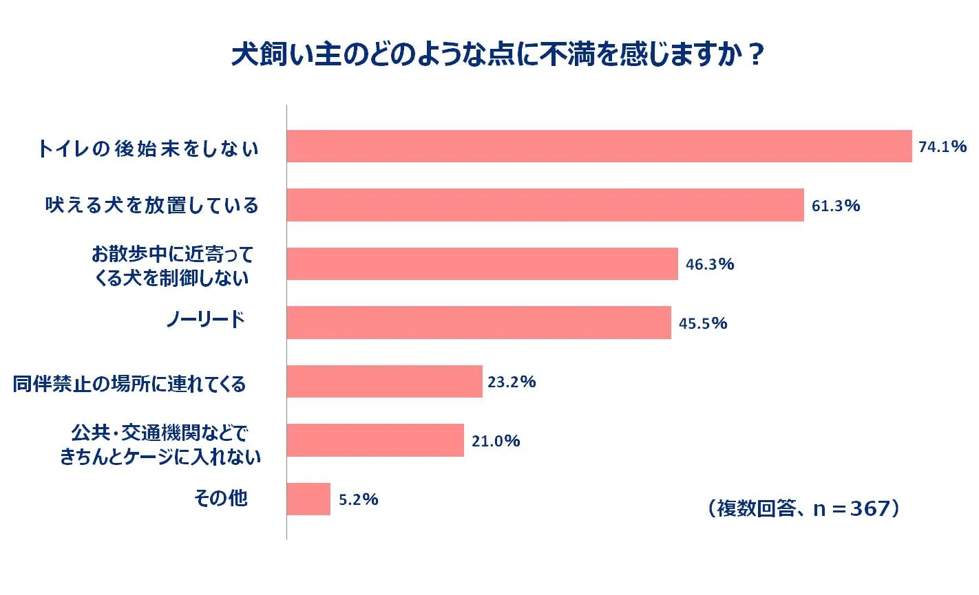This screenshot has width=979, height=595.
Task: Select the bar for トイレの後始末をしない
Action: (599, 147)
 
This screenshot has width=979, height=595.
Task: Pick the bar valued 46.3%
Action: (482, 264)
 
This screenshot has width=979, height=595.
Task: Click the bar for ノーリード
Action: (478, 323)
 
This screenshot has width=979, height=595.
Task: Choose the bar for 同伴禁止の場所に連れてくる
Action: (384, 382)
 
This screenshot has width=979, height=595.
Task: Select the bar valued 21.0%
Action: (375, 440)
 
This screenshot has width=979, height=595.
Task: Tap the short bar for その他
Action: (308, 499)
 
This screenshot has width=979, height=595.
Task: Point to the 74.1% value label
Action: (942, 147)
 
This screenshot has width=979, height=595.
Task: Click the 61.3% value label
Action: (835, 206)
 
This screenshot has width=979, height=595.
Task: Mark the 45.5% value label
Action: (702, 323)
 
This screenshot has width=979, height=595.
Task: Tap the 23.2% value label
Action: (511, 382)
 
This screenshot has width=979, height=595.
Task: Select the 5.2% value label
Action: (358, 499)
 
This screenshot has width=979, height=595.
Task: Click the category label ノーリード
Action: (205, 319)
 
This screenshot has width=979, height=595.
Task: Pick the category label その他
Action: (220, 498)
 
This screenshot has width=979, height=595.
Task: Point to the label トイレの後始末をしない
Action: (148, 149)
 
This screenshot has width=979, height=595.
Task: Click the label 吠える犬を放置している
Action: (151, 205)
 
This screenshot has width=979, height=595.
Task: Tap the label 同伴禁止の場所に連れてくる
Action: (129, 384)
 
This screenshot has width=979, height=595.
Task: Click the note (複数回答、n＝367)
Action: (803, 508)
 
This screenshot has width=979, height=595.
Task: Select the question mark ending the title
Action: (755, 56)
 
